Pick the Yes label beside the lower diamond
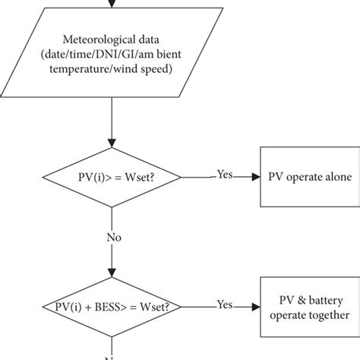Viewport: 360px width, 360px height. click(224, 305)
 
